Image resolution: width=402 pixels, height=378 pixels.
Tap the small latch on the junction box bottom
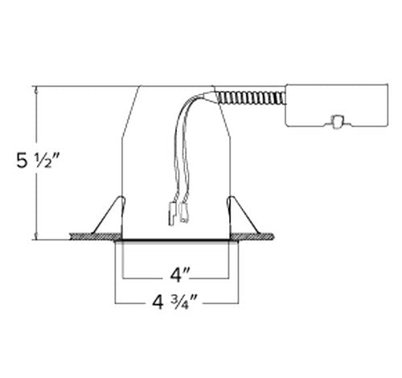pos(338,121)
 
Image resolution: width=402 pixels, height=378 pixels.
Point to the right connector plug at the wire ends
pos(187,214)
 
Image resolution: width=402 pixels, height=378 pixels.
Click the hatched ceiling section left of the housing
pos(93,236)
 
